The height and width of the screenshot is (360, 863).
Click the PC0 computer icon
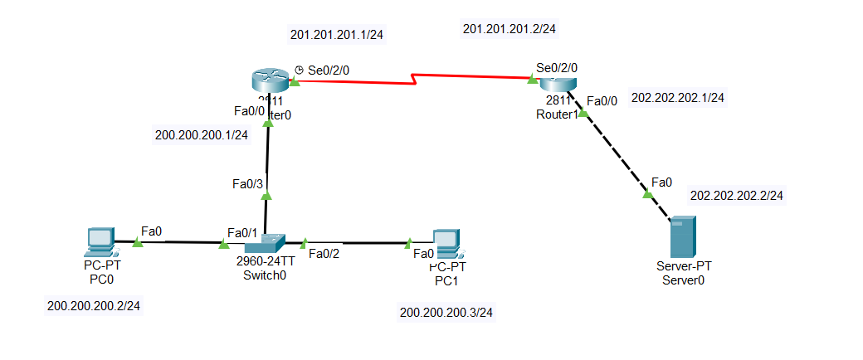[100, 241]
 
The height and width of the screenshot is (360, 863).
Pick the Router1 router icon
[557, 83]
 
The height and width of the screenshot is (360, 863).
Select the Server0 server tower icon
[683, 236]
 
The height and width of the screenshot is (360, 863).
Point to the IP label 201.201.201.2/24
[509, 29]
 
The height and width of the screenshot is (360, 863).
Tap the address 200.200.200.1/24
[202, 135]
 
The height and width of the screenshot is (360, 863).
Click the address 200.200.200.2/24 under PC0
[94, 306]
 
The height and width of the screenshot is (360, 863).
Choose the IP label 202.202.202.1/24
[678, 97]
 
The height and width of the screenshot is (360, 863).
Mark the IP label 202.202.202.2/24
[737, 196]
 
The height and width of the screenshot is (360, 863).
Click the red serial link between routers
[415, 77]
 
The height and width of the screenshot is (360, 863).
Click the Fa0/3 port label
[248, 183]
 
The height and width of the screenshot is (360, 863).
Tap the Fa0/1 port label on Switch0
[242, 233]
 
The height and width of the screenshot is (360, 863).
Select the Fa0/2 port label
[324, 254]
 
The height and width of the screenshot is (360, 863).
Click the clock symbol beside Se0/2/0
[299, 71]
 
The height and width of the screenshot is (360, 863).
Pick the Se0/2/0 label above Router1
[557, 67]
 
